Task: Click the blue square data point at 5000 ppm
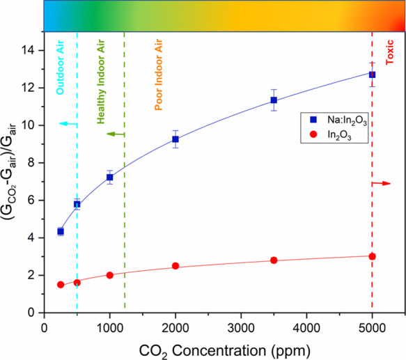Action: click(x=372, y=75)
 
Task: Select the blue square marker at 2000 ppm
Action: click(x=175, y=139)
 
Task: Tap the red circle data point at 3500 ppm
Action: click(x=274, y=260)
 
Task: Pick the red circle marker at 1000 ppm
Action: click(x=110, y=275)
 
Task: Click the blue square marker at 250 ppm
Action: click(x=61, y=231)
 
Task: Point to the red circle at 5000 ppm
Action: click(x=372, y=256)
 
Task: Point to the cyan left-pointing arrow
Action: click(x=68, y=123)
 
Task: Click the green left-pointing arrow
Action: click(x=115, y=134)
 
